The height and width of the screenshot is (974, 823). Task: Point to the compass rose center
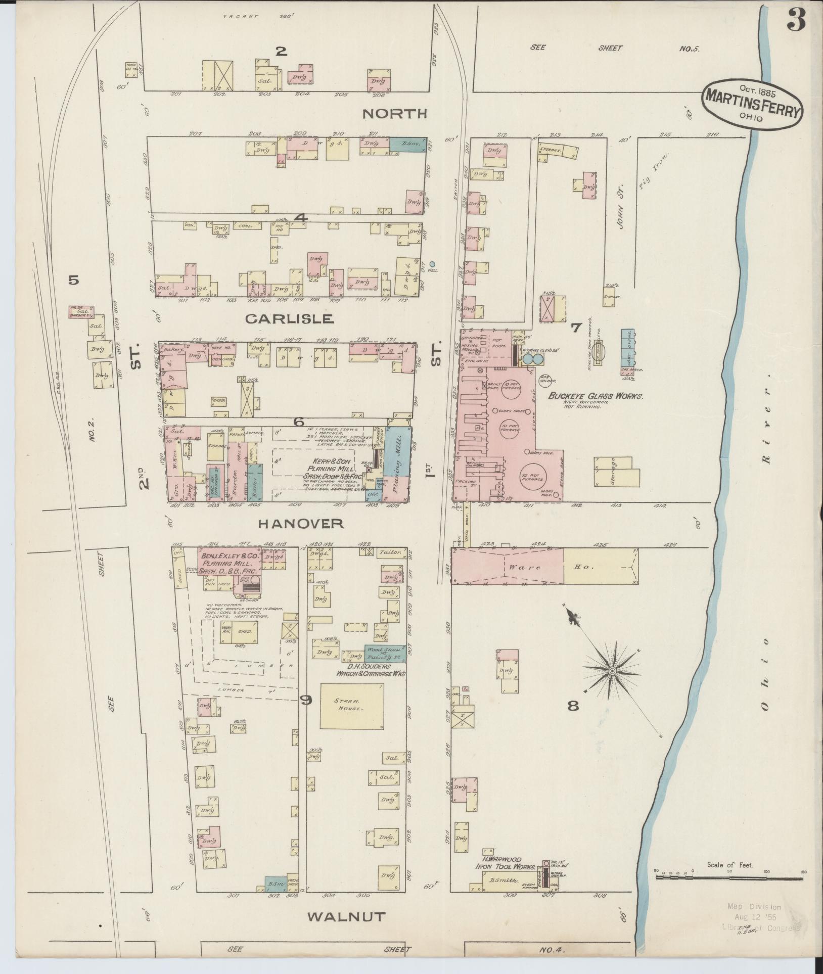coord(612,671)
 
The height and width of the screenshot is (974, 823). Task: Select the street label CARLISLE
coord(289,319)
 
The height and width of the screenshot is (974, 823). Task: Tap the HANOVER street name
coord(301,524)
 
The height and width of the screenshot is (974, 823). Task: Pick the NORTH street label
coord(395,114)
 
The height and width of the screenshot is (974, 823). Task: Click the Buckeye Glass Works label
coord(596,397)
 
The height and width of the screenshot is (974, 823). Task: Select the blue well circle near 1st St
coord(432,264)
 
